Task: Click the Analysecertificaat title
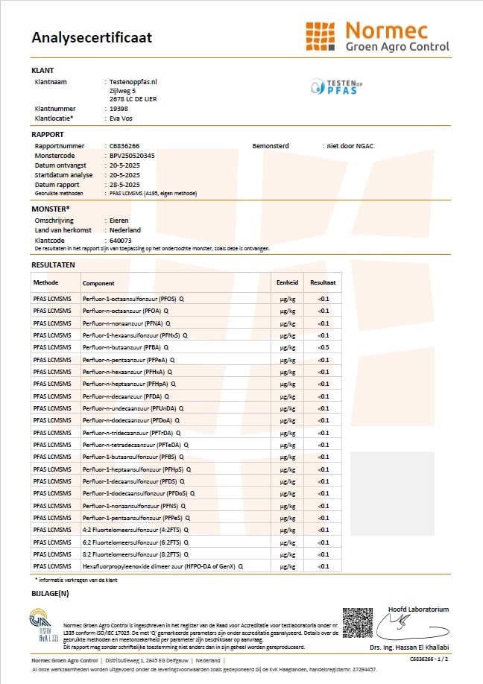(x=92, y=37)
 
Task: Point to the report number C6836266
(x=124, y=146)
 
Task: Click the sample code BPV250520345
(x=132, y=156)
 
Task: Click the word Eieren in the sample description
(x=119, y=221)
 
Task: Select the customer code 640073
(x=120, y=241)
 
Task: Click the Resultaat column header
(x=323, y=283)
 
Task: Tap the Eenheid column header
(x=288, y=283)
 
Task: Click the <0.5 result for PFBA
(x=323, y=348)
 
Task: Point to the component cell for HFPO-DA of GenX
(x=162, y=566)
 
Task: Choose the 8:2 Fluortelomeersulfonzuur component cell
(x=134, y=554)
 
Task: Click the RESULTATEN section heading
(x=53, y=265)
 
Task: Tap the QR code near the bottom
(x=357, y=623)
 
